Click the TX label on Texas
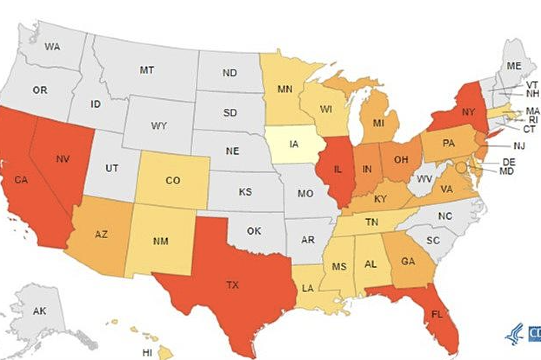click(x=233, y=285)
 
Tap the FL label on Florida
click(x=437, y=315)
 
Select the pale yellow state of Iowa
click(x=294, y=144)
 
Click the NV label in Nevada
click(x=63, y=159)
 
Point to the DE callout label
click(x=508, y=162)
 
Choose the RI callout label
click(x=533, y=120)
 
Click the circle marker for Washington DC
click(x=461, y=167)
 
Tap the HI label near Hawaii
click(x=147, y=353)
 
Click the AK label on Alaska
click(x=40, y=311)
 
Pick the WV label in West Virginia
click(x=424, y=179)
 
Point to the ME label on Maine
click(x=514, y=66)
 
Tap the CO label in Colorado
click(x=173, y=180)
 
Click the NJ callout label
click(x=519, y=146)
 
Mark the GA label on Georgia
click(x=408, y=262)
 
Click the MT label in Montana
click(x=147, y=70)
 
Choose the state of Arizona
click(x=101, y=235)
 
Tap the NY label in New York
click(x=468, y=112)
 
